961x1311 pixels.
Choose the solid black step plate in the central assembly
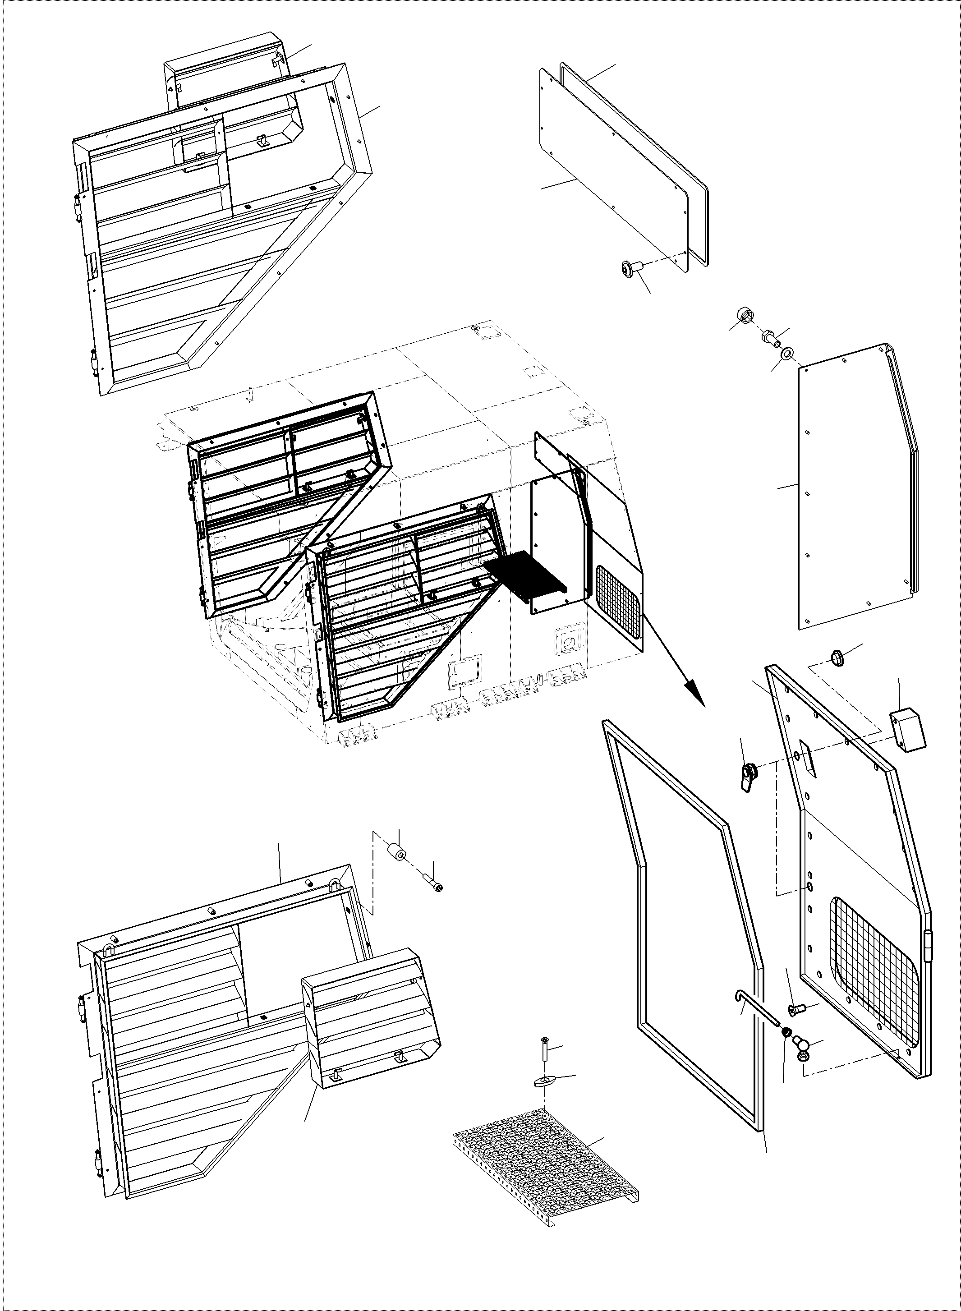click(525, 574)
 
